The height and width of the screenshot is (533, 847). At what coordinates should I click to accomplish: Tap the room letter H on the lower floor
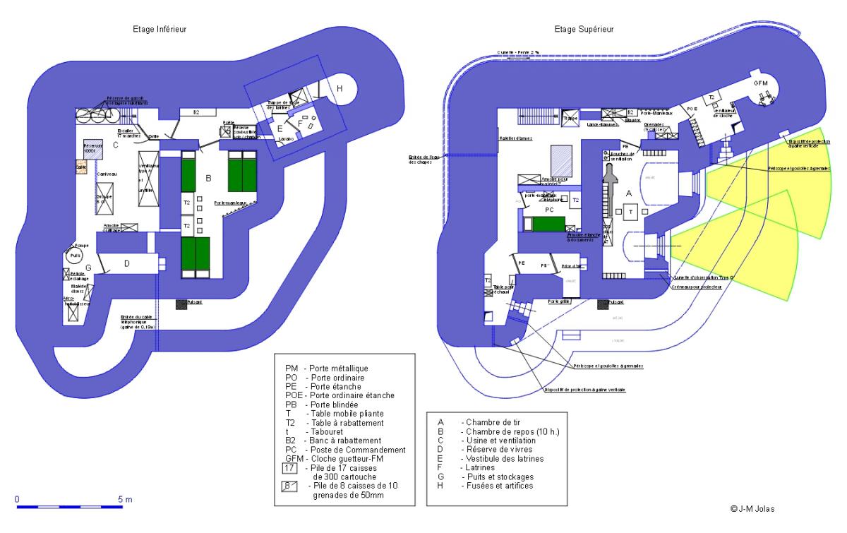[x=340, y=88]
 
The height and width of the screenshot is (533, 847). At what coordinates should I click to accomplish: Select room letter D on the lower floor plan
[x=127, y=263]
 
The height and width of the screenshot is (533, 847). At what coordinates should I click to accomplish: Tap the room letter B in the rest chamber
[x=208, y=179]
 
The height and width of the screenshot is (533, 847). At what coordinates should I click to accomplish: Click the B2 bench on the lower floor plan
[x=196, y=112]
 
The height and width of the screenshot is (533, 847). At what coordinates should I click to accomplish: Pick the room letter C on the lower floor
[x=114, y=145]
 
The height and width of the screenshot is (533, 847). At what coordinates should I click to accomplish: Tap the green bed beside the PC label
[x=548, y=224]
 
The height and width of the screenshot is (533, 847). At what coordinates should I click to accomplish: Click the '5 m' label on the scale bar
[x=124, y=498]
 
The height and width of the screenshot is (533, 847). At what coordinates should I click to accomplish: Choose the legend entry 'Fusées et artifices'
[x=493, y=485]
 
